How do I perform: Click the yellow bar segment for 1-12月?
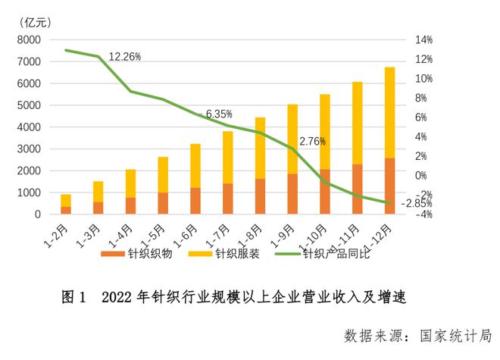[x=389, y=112]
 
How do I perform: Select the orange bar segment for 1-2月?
[x=66, y=210]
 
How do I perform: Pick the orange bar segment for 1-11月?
[x=357, y=189]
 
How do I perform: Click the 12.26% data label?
[x=125, y=57]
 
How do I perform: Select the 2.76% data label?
[x=312, y=141]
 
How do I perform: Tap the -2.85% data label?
[x=416, y=203]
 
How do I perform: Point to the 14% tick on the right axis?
[x=422, y=39]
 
